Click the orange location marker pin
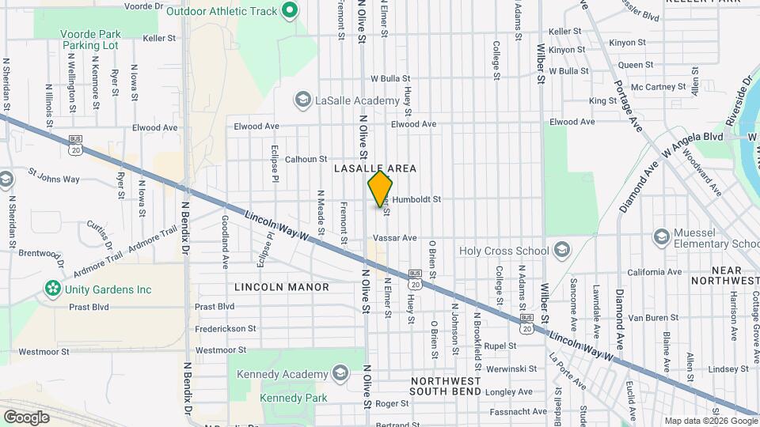[x=380, y=189]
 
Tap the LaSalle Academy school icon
[x=302, y=100]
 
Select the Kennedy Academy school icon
[x=340, y=373]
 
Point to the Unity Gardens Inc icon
[x=53, y=289]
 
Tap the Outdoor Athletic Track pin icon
[x=290, y=10]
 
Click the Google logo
[x=26, y=417]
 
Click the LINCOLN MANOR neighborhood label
[x=282, y=286]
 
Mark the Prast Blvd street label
[x=215, y=306]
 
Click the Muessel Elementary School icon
[x=661, y=236]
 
